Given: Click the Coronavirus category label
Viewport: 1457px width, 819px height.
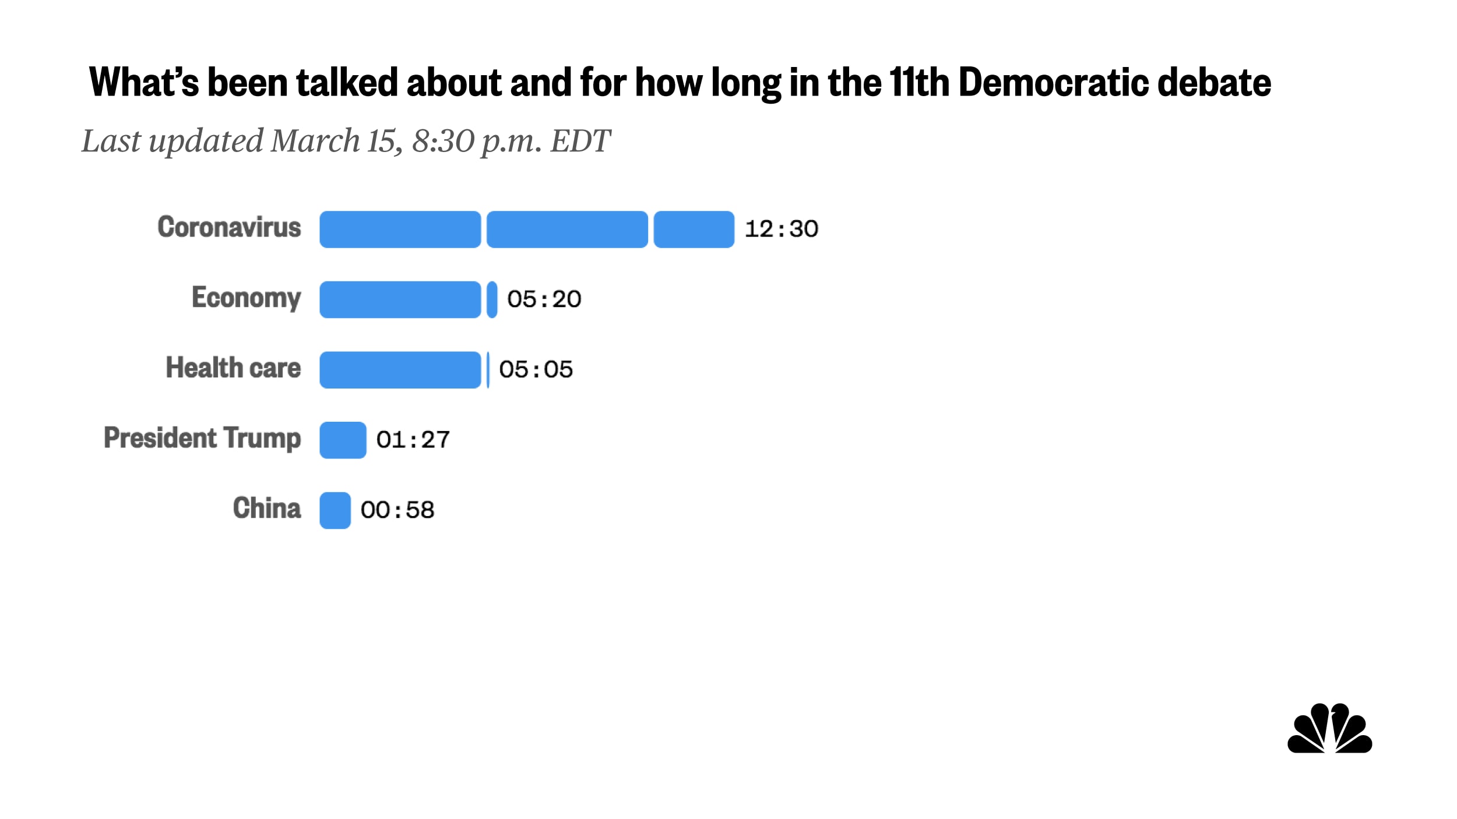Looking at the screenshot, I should (229, 227).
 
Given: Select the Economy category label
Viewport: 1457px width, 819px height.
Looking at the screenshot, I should (246, 298).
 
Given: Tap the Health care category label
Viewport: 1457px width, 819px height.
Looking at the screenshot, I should (233, 368).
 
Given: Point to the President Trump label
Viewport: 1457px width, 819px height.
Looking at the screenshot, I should (202, 438).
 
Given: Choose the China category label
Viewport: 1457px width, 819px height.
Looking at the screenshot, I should (267, 509).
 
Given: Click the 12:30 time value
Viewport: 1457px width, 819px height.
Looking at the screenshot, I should (781, 229).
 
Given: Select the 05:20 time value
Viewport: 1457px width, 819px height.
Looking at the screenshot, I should (544, 299).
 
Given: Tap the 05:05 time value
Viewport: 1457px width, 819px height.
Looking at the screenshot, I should (536, 370).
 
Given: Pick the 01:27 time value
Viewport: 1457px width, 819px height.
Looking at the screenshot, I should (413, 440).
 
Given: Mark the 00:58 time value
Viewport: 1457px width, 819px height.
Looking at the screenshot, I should (397, 510).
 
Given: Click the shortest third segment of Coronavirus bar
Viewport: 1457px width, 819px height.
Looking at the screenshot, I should (694, 230).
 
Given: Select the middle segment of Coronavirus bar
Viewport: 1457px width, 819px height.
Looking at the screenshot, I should (567, 230).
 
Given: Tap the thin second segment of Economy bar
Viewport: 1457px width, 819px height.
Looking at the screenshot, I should (492, 299).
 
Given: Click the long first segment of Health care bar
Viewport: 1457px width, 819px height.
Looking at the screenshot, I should (400, 370).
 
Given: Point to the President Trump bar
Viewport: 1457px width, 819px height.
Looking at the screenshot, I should (343, 440).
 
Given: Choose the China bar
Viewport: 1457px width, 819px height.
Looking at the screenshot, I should (335, 510).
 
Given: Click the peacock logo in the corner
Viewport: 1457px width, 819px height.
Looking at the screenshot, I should (1329, 729).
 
